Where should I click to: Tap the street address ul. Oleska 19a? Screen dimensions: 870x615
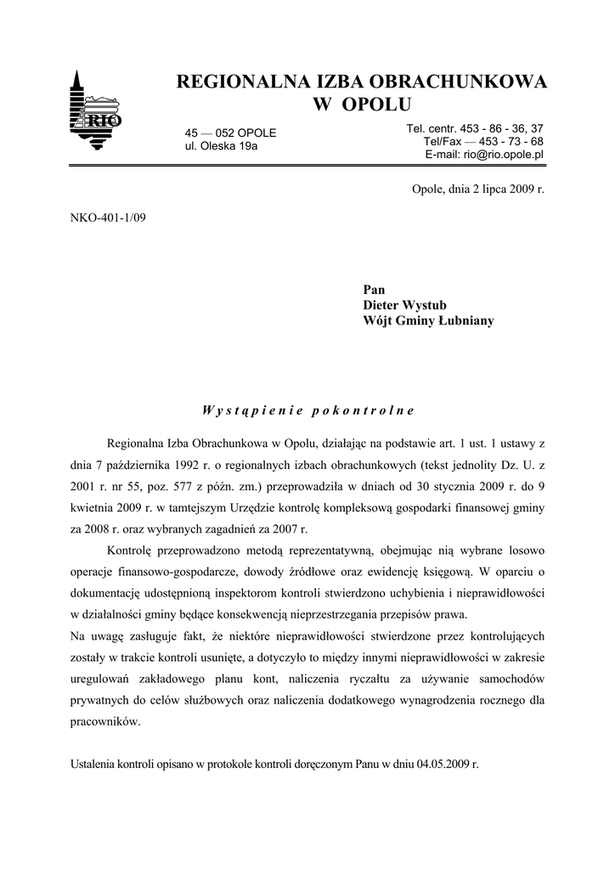221,146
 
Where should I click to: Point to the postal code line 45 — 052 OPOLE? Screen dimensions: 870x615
230,133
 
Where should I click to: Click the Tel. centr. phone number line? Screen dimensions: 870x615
475,128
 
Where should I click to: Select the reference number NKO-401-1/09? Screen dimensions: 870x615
109,229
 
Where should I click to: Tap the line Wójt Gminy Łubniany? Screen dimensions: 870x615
428,320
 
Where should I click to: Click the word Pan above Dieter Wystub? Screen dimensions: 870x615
374,290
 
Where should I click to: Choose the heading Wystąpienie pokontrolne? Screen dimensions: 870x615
307,410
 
